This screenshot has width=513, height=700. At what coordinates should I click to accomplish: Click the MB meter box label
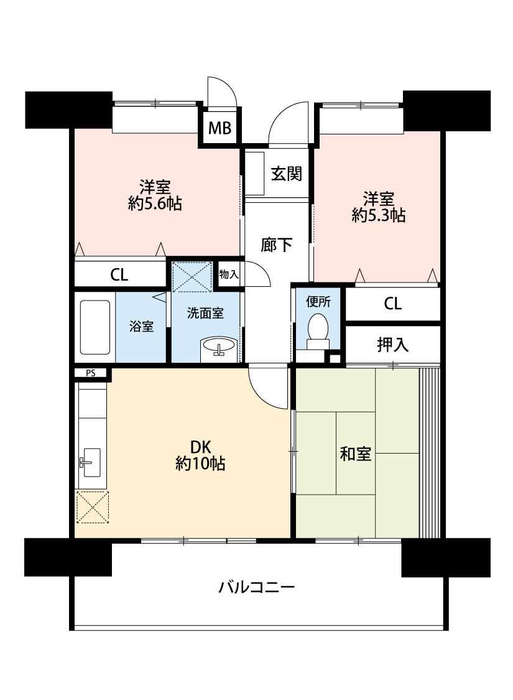tap(220, 128)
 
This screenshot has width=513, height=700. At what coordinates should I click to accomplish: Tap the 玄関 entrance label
tap(287, 174)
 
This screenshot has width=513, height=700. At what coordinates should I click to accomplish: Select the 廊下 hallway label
tap(277, 245)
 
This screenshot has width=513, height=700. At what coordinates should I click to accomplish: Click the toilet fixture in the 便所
tap(318, 332)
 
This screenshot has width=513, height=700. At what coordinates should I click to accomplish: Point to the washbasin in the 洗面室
tap(219, 347)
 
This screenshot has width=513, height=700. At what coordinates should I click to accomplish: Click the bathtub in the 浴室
tap(95, 327)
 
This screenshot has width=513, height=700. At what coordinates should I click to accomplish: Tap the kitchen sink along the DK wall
tap(91, 462)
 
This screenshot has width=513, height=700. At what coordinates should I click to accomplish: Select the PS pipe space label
tap(91, 373)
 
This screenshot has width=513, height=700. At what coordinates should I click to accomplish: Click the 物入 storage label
tap(229, 274)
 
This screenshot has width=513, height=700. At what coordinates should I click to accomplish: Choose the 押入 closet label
tap(392, 345)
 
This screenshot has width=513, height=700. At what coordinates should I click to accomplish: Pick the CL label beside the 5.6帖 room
tap(119, 274)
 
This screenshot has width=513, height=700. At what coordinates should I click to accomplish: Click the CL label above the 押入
tap(392, 304)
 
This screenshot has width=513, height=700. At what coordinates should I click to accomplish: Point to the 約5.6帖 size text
tap(155, 204)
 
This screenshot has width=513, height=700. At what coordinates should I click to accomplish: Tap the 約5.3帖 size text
tap(378, 216)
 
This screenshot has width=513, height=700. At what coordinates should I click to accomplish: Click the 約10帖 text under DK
tap(200, 464)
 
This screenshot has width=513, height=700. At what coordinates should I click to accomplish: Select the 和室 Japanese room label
tap(356, 454)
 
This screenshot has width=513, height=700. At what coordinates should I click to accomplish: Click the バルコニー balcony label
tap(256, 587)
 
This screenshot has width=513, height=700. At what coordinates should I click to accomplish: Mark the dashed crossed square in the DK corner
tap(92, 507)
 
